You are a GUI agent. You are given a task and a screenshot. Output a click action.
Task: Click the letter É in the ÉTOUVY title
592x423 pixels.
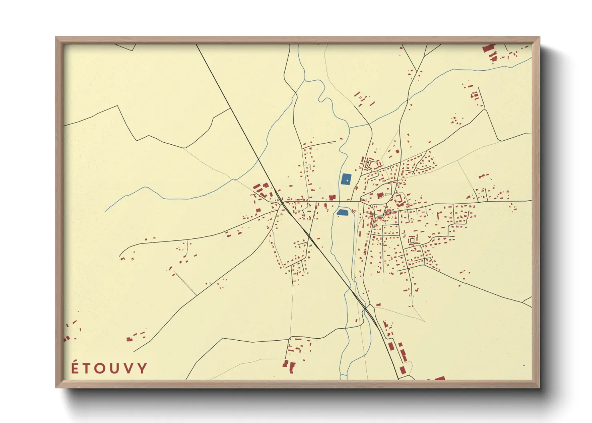(x=75, y=369)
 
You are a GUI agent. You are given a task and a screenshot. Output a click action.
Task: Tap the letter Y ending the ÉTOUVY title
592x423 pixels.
(x=142, y=369)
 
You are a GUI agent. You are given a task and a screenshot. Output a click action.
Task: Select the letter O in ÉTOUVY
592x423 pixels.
(x=101, y=369)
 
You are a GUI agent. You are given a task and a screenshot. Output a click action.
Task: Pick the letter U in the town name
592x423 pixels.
(x=115, y=369)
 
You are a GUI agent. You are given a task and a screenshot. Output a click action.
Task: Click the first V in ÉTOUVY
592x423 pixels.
(x=128, y=369)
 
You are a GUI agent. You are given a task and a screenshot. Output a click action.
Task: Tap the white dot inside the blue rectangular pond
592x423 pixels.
(x=347, y=181)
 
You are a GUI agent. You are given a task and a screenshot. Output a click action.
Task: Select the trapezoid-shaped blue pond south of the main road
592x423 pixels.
(x=343, y=212)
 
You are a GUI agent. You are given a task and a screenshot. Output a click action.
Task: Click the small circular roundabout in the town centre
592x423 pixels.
(x=372, y=206)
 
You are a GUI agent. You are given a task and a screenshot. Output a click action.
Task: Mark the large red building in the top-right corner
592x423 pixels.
(x=488, y=48)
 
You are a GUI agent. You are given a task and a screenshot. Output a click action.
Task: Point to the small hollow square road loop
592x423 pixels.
(x=412, y=241)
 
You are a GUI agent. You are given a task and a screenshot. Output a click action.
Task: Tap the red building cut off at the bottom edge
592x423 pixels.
(x=440, y=378)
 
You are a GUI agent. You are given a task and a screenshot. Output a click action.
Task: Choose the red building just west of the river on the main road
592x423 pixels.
(x=332, y=198)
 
